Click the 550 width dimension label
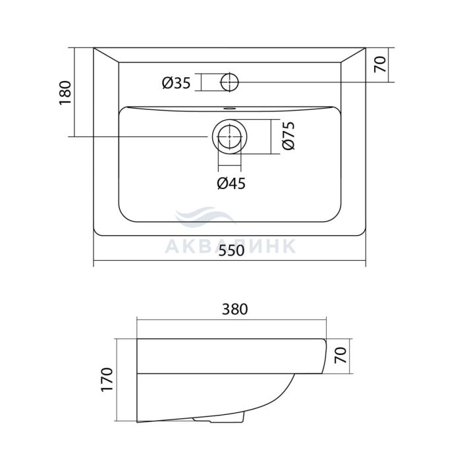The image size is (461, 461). coord(232,250)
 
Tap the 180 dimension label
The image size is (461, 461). coord(65,93)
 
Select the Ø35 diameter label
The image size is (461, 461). coord(176,83)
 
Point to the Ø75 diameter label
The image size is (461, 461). coord(288,136)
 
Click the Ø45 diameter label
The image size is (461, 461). coord(231,184)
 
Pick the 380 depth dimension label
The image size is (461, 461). coord(234,310)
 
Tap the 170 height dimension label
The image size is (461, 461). coord(107,379)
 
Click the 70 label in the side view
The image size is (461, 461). coord(340,355)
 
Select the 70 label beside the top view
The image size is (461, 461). coord(380,65)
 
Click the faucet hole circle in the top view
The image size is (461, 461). coord(229,82)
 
